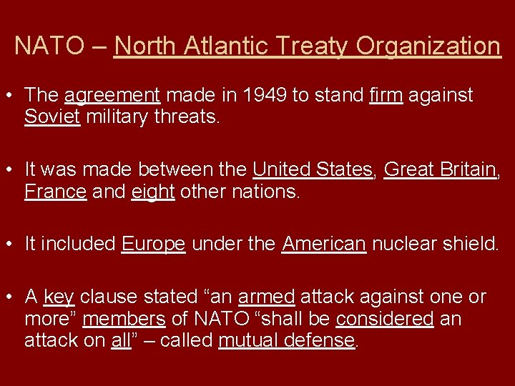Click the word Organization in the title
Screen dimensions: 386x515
428,46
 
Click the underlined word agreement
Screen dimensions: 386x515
112,95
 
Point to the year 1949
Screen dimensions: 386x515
263,95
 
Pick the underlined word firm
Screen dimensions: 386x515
386,95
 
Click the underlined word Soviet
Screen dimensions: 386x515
51,117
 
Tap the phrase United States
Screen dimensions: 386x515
313,169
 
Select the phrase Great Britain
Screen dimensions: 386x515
439,169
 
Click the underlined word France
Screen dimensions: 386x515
55,191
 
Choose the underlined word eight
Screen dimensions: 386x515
153,191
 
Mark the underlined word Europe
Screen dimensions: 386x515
154,244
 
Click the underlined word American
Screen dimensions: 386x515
324,244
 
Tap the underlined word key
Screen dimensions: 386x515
59,297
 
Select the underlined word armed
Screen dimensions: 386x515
266,297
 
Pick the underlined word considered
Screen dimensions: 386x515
384,318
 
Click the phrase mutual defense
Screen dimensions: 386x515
286,340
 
